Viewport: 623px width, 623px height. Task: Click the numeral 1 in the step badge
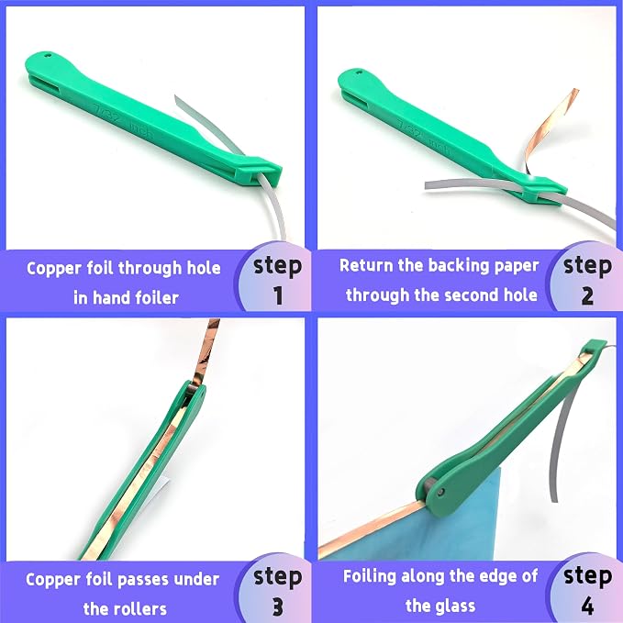click(x=278, y=295)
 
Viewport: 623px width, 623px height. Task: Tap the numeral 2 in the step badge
click(x=587, y=295)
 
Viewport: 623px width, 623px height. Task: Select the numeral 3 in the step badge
click(x=278, y=606)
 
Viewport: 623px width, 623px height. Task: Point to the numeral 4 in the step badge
click(x=587, y=606)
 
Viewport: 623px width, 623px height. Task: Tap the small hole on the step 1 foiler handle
click(x=49, y=56)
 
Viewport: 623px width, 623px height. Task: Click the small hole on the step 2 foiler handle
click(x=361, y=72)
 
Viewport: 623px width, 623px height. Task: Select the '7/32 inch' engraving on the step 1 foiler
click(x=122, y=121)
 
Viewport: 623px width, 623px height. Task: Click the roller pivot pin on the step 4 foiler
click(x=440, y=493)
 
